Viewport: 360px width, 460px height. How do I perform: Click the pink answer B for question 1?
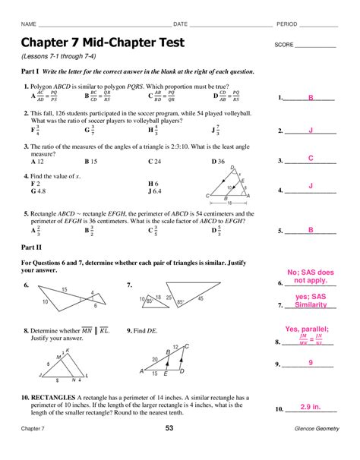click(x=311, y=97)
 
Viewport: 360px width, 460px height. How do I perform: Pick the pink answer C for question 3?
click(x=311, y=158)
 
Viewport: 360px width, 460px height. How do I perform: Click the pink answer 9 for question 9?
click(x=311, y=364)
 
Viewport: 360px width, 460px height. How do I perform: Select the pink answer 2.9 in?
click(x=311, y=408)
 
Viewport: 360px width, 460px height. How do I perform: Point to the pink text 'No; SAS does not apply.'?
click(x=311, y=276)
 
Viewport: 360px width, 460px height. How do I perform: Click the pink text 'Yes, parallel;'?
click(x=311, y=329)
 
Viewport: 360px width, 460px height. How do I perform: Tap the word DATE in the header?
click(x=182, y=24)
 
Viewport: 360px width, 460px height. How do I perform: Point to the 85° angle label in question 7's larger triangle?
click(x=181, y=301)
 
